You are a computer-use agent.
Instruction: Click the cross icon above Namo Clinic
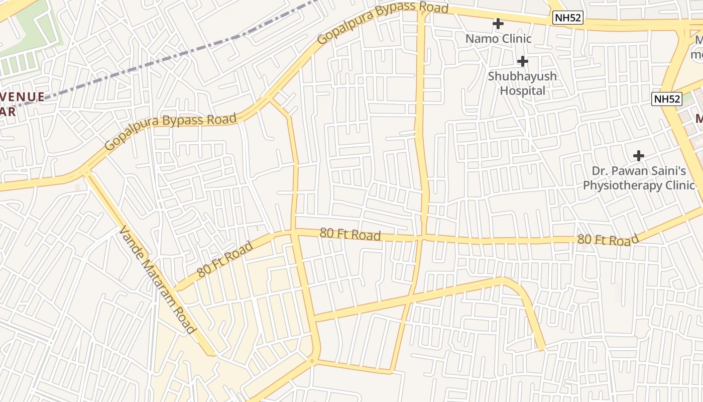(498, 24)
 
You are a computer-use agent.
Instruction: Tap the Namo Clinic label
(498, 39)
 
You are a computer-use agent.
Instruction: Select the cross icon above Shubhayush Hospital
(523, 61)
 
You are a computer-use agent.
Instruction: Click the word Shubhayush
(523, 76)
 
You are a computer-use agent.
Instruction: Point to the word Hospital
(523, 91)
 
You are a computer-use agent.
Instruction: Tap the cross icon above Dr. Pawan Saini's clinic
(639, 156)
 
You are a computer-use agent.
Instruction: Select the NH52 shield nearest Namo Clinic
(568, 18)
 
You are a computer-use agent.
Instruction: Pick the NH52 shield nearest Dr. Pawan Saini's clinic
(667, 99)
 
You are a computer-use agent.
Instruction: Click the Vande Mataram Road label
(157, 279)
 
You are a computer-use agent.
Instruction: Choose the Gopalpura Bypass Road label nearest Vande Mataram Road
(171, 131)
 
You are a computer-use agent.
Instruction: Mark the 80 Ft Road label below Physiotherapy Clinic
(608, 240)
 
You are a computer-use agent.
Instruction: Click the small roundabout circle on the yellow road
(312, 360)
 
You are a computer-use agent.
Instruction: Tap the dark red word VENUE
(22, 96)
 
